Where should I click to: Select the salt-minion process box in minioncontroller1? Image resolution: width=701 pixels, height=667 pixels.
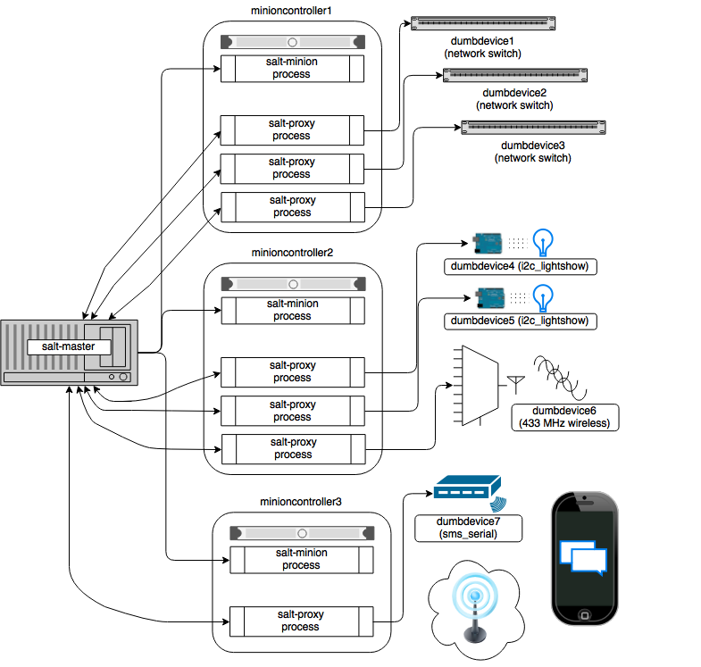point(292,68)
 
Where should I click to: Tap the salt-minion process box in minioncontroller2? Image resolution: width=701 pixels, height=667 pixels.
point(292,310)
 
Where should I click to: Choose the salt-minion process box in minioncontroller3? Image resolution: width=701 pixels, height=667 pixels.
point(301,559)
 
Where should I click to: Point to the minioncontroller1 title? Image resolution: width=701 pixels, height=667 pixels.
point(292,12)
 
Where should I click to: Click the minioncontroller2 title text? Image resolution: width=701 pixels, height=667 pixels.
point(292,253)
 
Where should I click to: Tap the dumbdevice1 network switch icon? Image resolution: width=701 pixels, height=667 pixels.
point(482,22)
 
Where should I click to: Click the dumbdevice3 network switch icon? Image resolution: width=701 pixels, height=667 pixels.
point(532,127)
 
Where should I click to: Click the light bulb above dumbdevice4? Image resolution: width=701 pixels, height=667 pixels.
point(543,241)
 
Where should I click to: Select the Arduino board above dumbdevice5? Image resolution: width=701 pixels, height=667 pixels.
point(488,296)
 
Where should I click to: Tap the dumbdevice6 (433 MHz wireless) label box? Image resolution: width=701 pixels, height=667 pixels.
point(563,417)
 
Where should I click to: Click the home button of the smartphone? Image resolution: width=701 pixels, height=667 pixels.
point(585,614)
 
